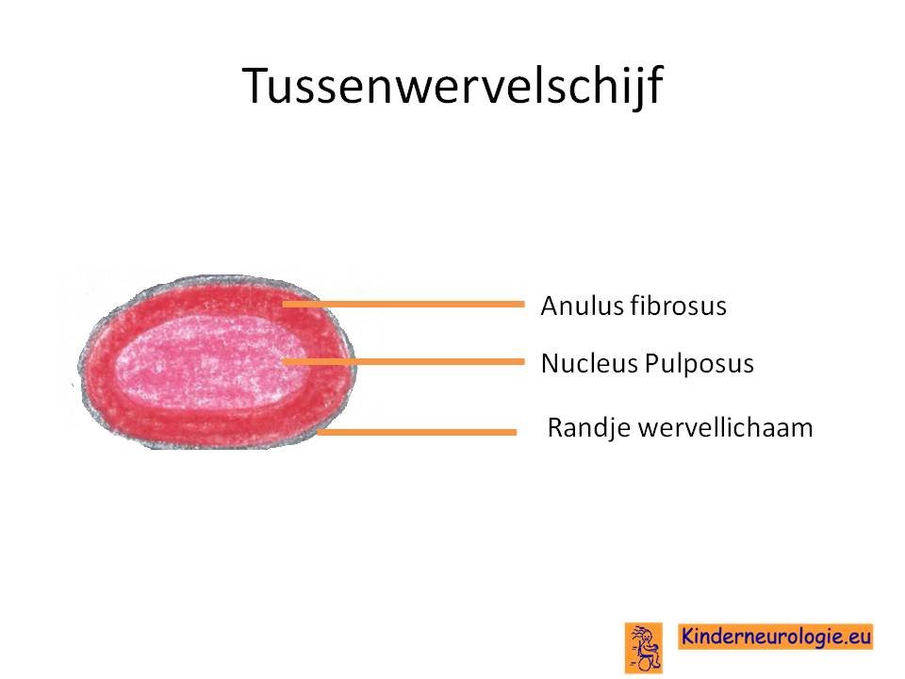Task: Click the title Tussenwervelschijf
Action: [x=452, y=86]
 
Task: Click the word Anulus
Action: [x=582, y=306]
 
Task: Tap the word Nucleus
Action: [x=588, y=363]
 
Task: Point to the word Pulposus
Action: [x=699, y=364]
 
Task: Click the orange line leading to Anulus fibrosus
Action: [x=403, y=305]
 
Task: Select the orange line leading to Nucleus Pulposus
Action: [x=403, y=362]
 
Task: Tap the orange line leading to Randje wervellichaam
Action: [x=417, y=432]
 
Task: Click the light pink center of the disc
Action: [x=210, y=362]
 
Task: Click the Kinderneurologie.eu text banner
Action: [x=775, y=637]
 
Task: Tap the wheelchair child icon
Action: [x=644, y=648]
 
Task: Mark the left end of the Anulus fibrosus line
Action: [x=283, y=305]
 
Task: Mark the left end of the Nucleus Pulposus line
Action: [x=283, y=362]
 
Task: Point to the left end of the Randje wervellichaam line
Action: [x=318, y=432]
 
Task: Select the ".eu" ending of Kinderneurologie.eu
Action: [x=857, y=638]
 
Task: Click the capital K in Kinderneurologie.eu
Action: [x=687, y=637]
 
